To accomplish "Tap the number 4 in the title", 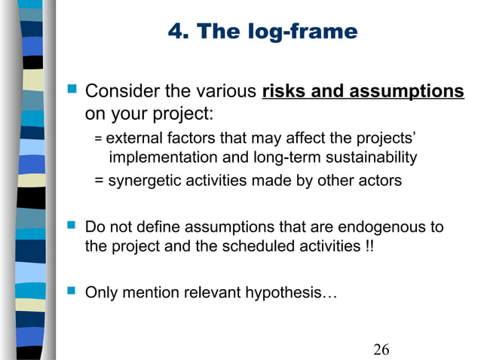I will pyautogui.click(x=175, y=32).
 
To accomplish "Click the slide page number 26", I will pyautogui.click(x=381, y=349).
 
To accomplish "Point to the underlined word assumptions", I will pyautogui.click(x=409, y=93).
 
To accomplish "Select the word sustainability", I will pyautogui.click(x=371, y=157).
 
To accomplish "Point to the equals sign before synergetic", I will pyautogui.click(x=99, y=181).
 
